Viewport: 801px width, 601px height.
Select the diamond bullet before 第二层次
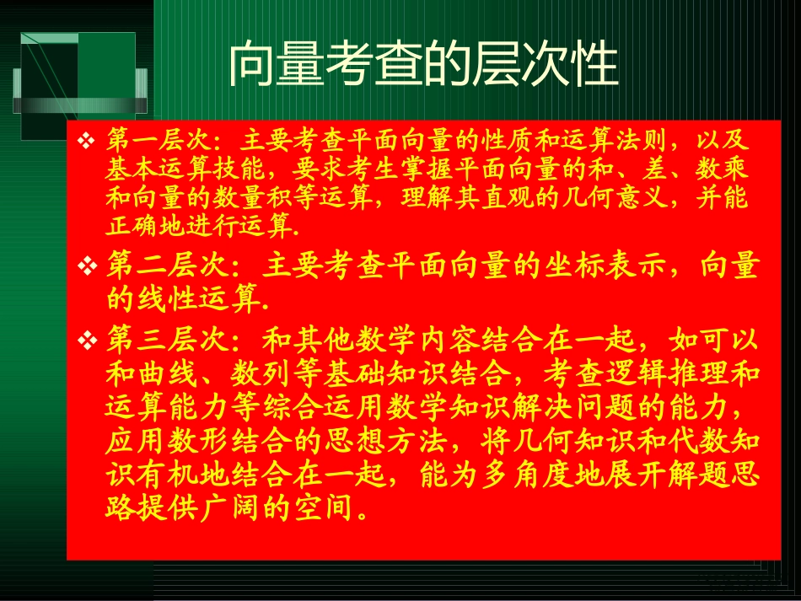click(x=86, y=268)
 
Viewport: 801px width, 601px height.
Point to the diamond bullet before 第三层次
click(x=86, y=341)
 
